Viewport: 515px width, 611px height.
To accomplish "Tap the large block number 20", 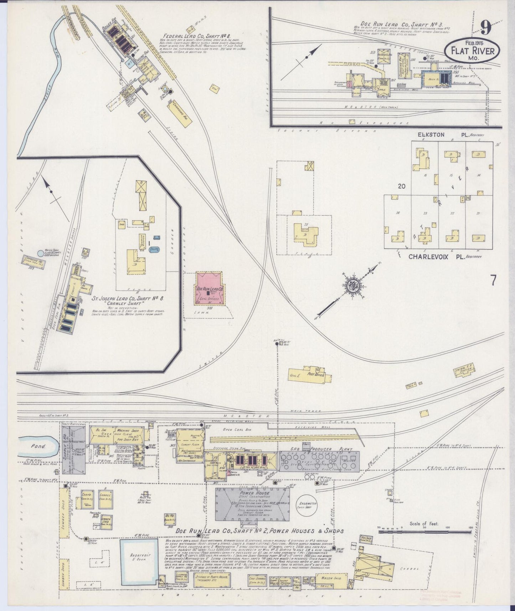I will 402,186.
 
